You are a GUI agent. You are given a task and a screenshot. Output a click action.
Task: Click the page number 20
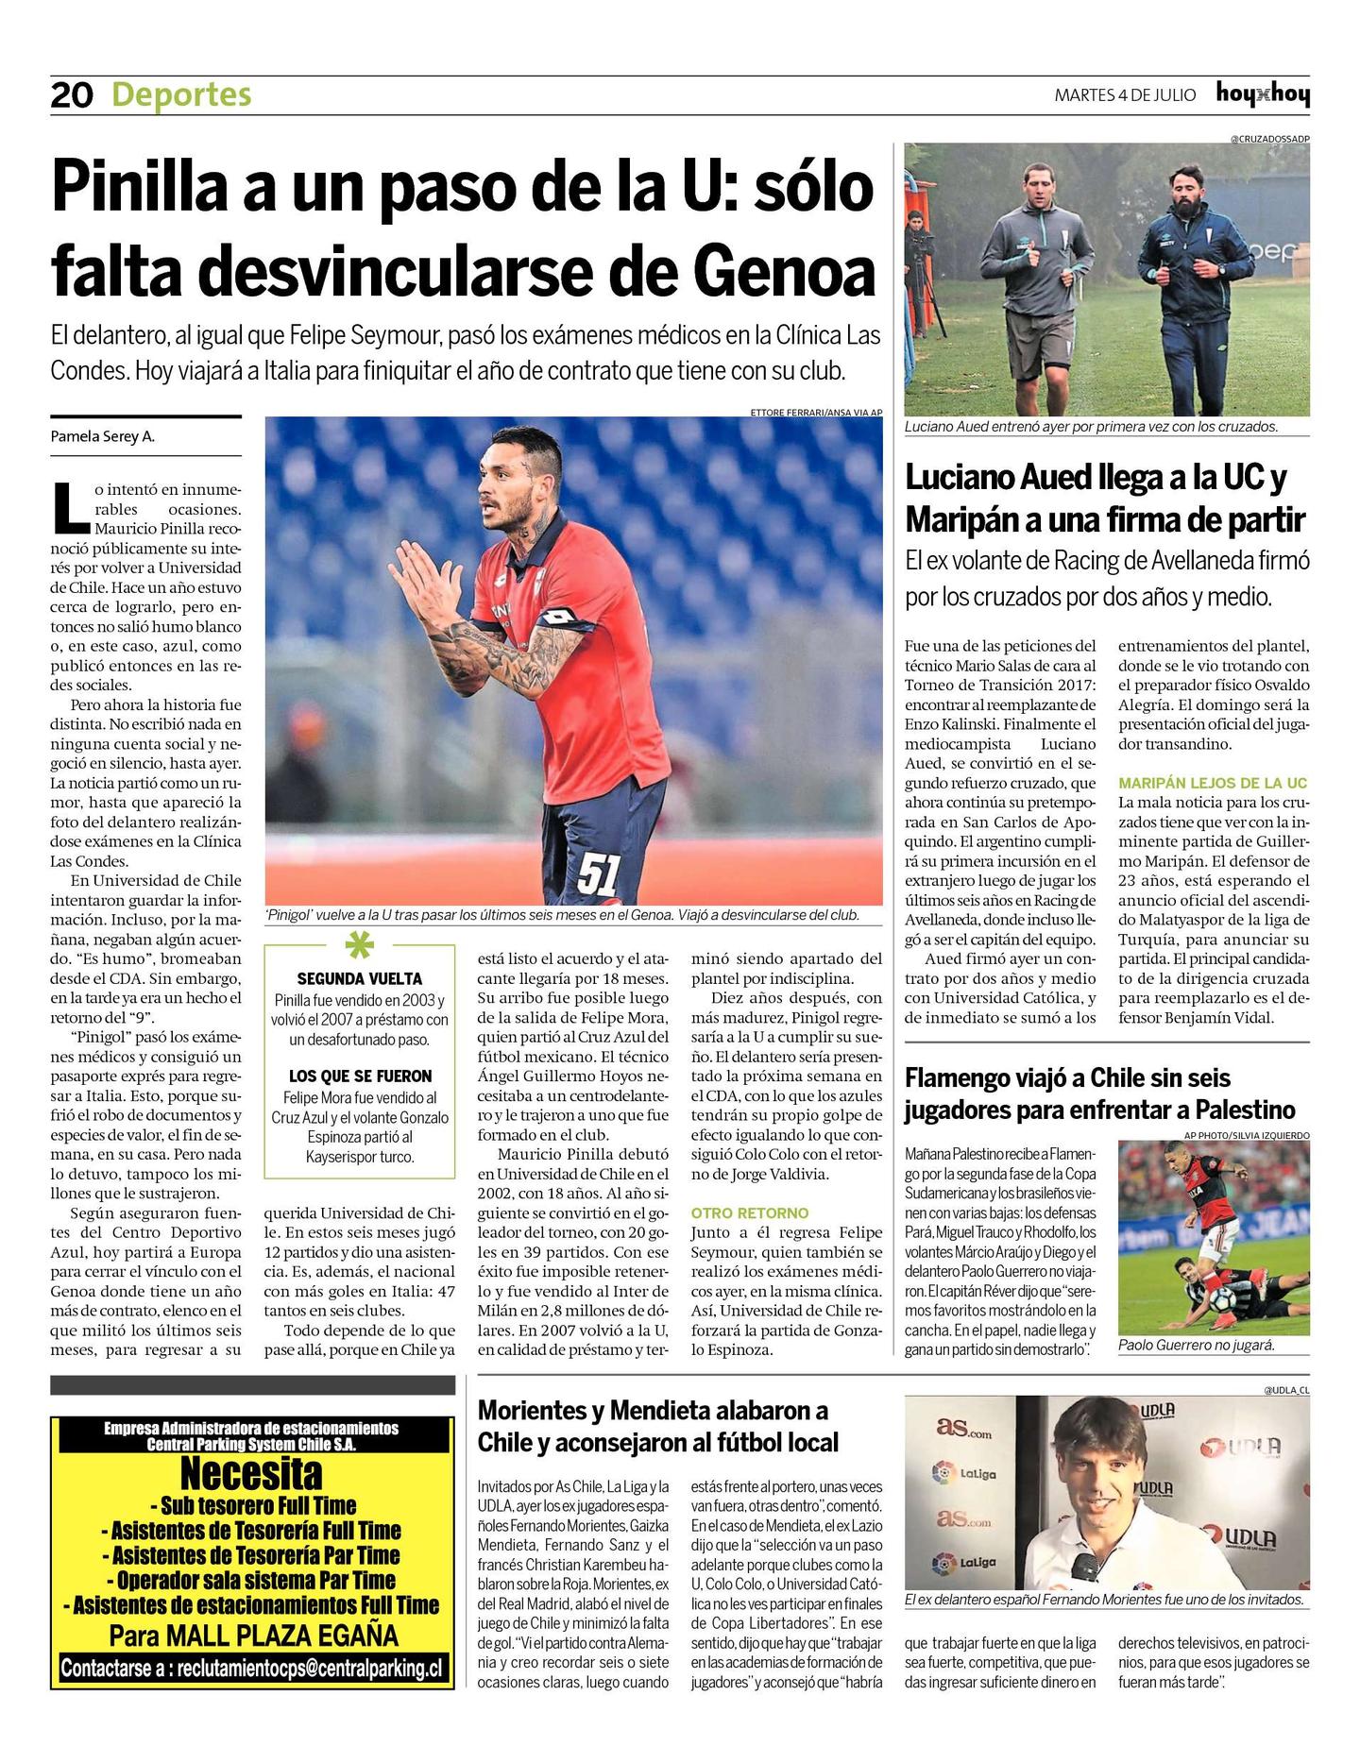coord(72,94)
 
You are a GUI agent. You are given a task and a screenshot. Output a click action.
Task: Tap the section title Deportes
coord(181,94)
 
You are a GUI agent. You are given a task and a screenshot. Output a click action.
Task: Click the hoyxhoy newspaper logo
coord(1262,94)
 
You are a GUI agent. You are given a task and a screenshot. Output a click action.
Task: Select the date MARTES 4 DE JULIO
coord(1125,95)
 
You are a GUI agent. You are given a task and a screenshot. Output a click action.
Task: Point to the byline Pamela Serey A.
coord(102,437)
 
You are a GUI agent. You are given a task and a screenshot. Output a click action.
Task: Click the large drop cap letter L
coord(71,508)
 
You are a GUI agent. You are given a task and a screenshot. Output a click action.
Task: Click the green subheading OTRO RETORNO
coord(750,1212)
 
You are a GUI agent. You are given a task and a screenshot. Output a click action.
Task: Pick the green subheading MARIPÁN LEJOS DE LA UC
coord(1213,783)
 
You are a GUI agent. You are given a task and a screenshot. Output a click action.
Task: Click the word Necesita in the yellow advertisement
coord(251,1473)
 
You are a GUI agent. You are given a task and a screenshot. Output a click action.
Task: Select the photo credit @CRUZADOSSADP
coord(1269,139)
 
